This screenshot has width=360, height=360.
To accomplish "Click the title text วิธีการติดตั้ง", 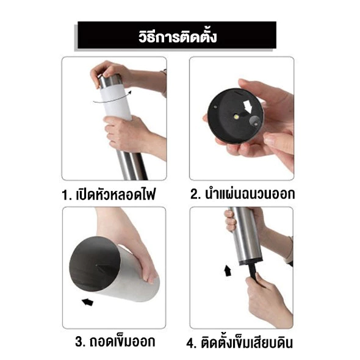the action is pos(178,37).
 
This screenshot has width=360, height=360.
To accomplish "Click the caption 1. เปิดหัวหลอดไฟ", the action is pos(109,195).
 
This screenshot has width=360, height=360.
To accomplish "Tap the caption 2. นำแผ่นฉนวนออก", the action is pos(242,194).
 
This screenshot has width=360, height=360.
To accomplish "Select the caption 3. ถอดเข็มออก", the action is pos(115,342).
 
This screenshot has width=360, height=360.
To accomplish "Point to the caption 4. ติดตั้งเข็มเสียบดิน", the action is pos(240,342).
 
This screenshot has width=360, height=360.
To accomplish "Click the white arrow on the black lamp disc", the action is pos(248,106).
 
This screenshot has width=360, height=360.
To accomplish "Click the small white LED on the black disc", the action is pos(237,117).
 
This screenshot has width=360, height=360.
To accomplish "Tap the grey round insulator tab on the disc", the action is pos(254,121).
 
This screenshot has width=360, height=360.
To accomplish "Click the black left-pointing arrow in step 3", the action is pos(88,302).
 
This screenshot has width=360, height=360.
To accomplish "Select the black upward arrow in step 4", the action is pos(228,270).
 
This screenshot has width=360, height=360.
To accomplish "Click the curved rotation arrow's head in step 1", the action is pos(130,93).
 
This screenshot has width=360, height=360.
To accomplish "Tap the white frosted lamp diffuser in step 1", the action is pos(117,103).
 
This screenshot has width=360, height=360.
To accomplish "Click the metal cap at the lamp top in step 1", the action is pos(110,81).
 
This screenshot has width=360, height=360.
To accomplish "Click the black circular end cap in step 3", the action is pos(95,265).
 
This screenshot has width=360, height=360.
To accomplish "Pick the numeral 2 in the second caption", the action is pos(194,194).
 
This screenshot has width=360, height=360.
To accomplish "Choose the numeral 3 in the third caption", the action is pos(79,342).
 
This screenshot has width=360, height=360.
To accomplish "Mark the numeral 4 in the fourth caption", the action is pos(190,344).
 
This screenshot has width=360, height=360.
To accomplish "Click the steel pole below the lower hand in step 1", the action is pos(132,165).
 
